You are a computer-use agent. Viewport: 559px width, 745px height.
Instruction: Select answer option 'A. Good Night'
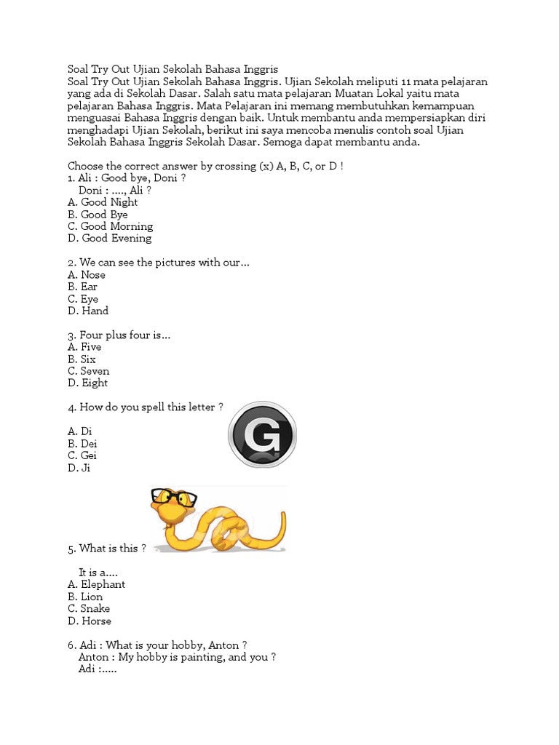[103, 202]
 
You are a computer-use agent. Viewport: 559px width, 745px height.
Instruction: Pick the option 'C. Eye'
[83, 299]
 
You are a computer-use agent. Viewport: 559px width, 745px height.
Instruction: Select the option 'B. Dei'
[82, 444]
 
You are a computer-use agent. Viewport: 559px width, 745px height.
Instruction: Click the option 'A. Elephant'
[96, 584]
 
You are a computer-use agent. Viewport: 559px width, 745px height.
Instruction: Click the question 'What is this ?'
[107, 548]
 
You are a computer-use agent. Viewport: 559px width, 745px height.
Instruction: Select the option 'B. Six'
[82, 359]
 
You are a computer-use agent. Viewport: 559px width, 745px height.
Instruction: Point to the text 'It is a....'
[98, 573]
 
